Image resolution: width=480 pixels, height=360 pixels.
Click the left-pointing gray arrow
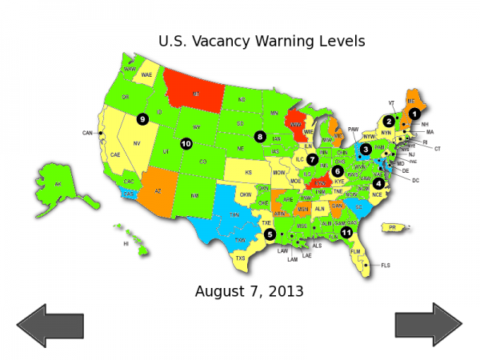click(x=50, y=325)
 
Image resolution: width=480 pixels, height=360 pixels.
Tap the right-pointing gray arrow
click(x=429, y=325)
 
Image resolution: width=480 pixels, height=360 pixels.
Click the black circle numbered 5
click(x=270, y=234)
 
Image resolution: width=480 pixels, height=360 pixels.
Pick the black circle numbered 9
click(x=142, y=119)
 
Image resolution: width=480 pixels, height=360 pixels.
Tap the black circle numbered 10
click(x=186, y=144)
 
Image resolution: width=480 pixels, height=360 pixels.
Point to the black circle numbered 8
click(x=260, y=136)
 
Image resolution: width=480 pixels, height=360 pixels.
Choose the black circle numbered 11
click(x=346, y=232)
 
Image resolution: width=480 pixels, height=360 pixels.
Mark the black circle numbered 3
click(x=365, y=149)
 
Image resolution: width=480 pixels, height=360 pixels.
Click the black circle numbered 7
click(x=312, y=159)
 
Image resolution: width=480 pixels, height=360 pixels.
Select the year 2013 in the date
click(x=286, y=291)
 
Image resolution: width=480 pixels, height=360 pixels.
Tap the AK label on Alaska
click(x=57, y=184)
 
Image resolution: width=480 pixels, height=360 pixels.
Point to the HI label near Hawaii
click(x=126, y=243)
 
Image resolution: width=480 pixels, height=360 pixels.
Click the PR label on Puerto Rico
click(x=392, y=227)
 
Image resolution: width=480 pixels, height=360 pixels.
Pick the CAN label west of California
click(x=87, y=133)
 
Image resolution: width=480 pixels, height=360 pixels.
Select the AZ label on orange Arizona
click(x=157, y=191)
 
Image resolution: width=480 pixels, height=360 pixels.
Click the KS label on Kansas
click(x=248, y=172)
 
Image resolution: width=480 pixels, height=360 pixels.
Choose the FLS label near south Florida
click(x=385, y=265)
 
